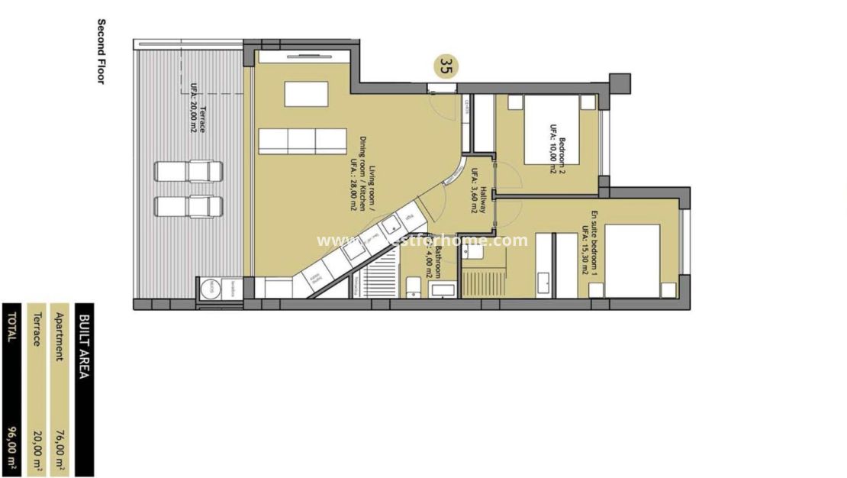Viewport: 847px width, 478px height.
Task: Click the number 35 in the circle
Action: (x=446, y=66)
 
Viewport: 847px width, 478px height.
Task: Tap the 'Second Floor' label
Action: (x=100, y=51)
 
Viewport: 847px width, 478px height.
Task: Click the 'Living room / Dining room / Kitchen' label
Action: (x=363, y=176)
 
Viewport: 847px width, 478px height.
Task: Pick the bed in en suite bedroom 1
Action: (x=632, y=260)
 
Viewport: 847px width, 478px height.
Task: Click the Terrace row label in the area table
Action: (x=36, y=329)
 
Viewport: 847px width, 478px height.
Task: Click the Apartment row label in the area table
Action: (x=60, y=336)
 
